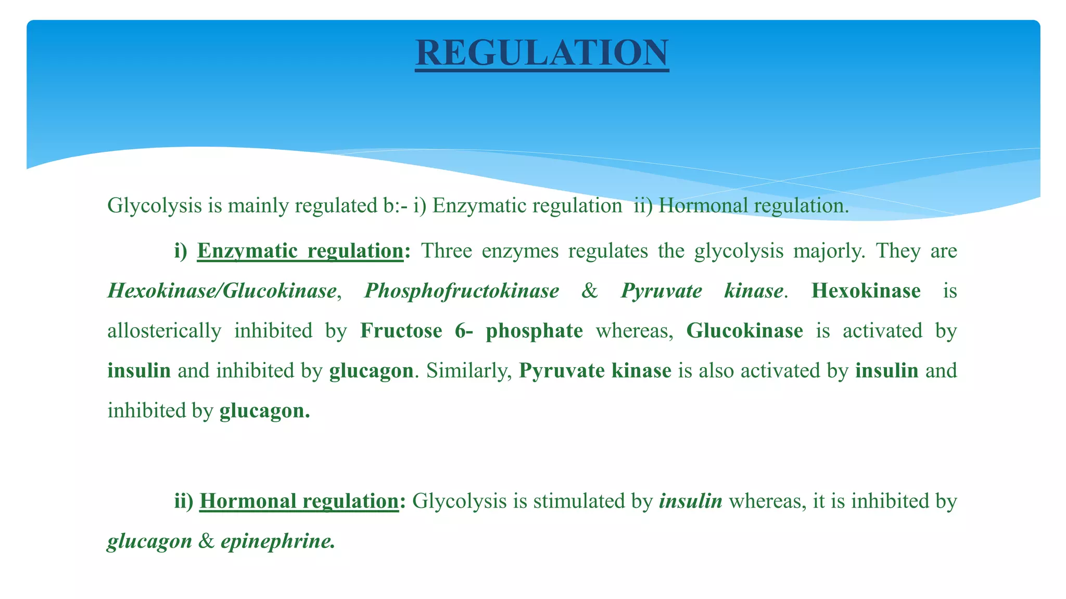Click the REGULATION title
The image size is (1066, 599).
tap(542, 53)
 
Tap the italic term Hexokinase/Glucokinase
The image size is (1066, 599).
tap(222, 291)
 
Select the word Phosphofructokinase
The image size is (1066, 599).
tap(462, 291)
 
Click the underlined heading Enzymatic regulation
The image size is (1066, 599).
tap(300, 251)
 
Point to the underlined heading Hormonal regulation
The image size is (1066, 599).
tap(299, 501)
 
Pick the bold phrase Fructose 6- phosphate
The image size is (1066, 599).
tap(471, 331)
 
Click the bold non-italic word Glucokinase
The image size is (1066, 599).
tap(744, 331)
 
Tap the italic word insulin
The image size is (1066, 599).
tap(690, 501)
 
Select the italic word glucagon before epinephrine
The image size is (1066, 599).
tap(149, 541)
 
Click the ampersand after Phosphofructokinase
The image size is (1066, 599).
tap(589, 291)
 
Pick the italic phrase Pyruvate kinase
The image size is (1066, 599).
tap(702, 291)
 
